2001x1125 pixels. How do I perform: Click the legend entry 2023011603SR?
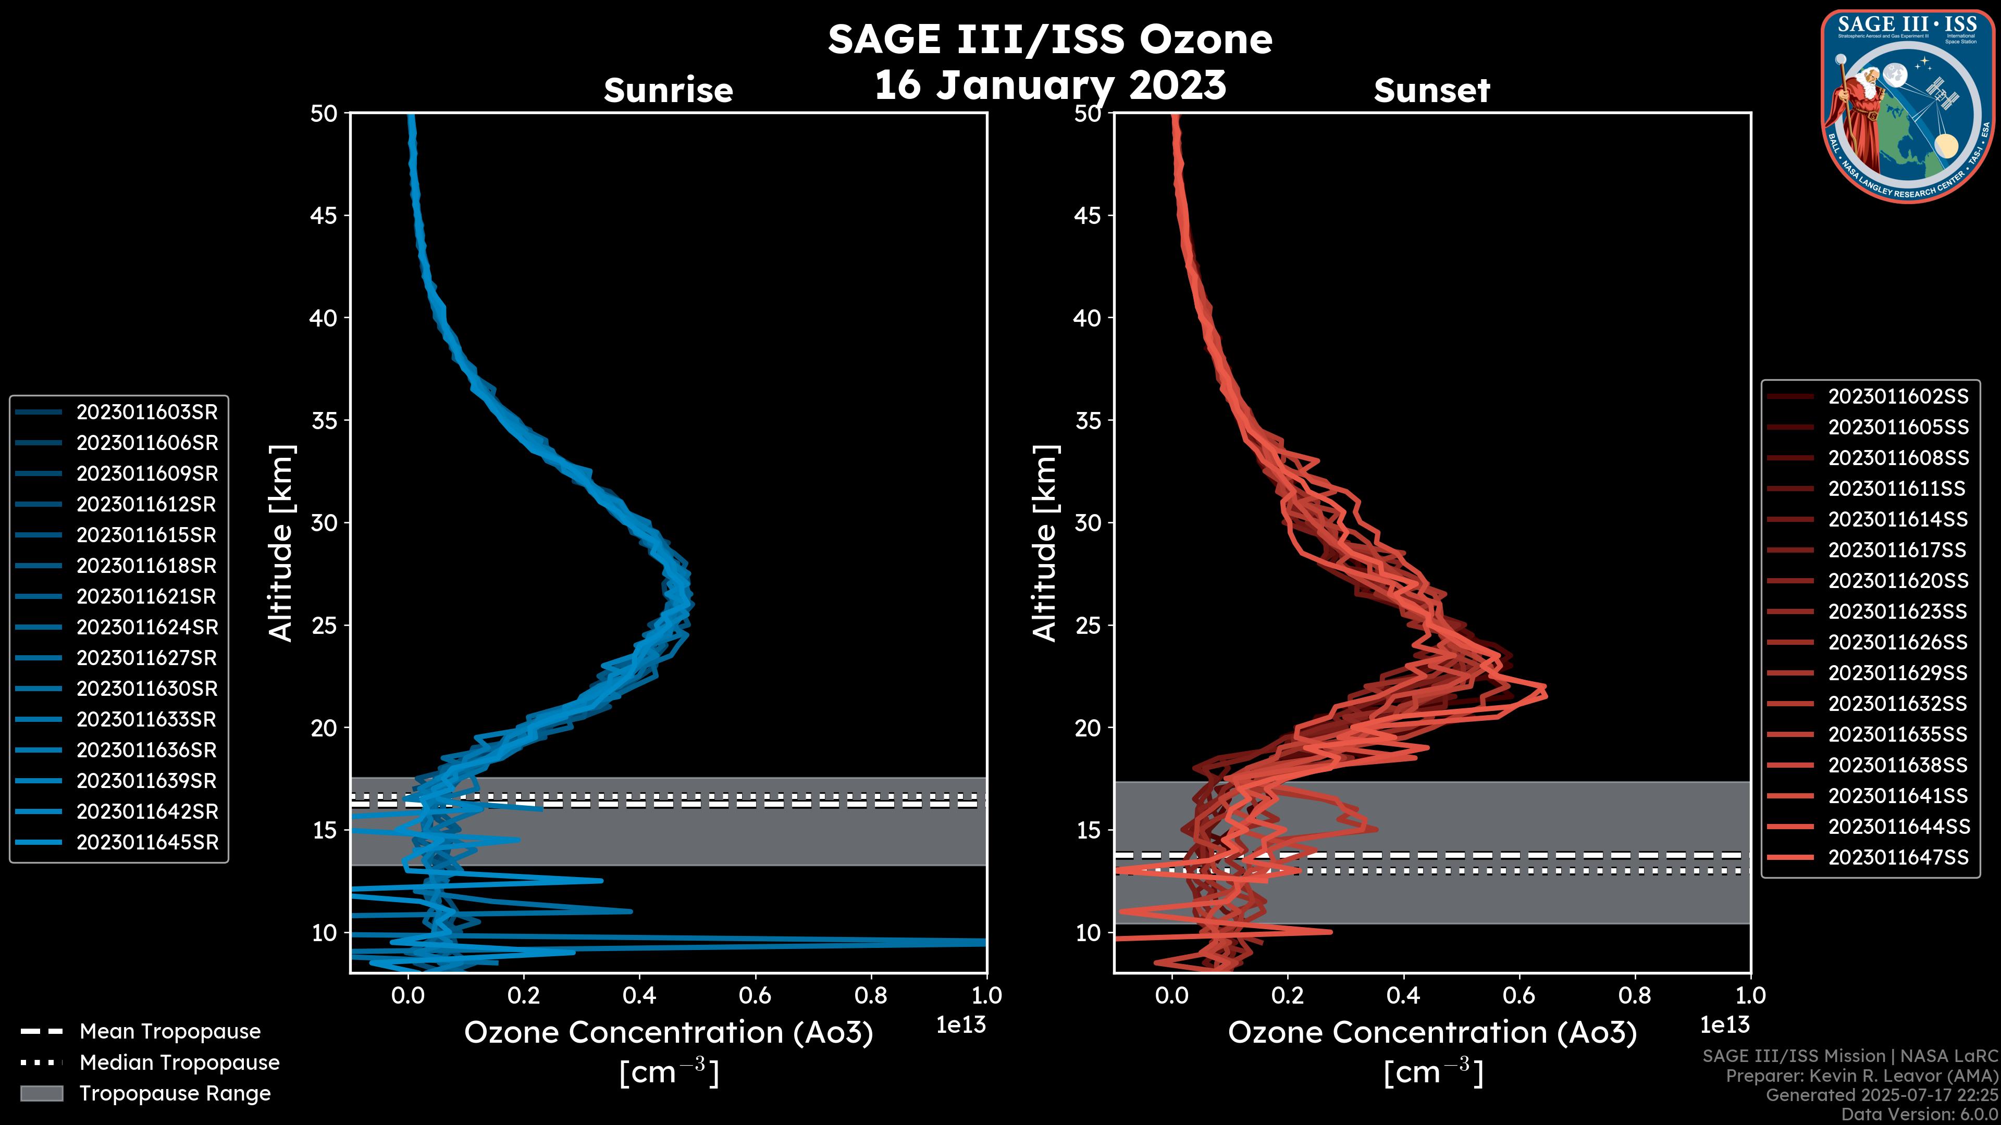click(x=147, y=413)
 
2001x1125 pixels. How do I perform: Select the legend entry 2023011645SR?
click(x=147, y=842)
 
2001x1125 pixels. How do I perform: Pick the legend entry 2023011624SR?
click(x=147, y=627)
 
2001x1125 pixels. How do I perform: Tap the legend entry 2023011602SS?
click(x=1898, y=397)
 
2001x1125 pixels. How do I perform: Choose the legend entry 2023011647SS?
click(x=1898, y=857)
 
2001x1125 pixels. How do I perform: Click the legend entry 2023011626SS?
click(x=1898, y=642)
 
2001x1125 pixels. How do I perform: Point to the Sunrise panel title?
click(x=668, y=91)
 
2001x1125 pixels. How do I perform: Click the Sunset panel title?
click(x=1431, y=91)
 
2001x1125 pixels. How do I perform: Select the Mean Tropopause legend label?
click(x=170, y=1031)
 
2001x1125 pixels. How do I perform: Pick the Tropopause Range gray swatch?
click(x=41, y=1093)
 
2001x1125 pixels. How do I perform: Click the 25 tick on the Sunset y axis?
click(x=1088, y=625)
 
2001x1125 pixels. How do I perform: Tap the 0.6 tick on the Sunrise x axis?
click(x=755, y=995)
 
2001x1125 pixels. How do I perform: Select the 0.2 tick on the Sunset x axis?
click(x=1287, y=995)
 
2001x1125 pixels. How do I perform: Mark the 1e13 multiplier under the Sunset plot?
click(x=1724, y=1025)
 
